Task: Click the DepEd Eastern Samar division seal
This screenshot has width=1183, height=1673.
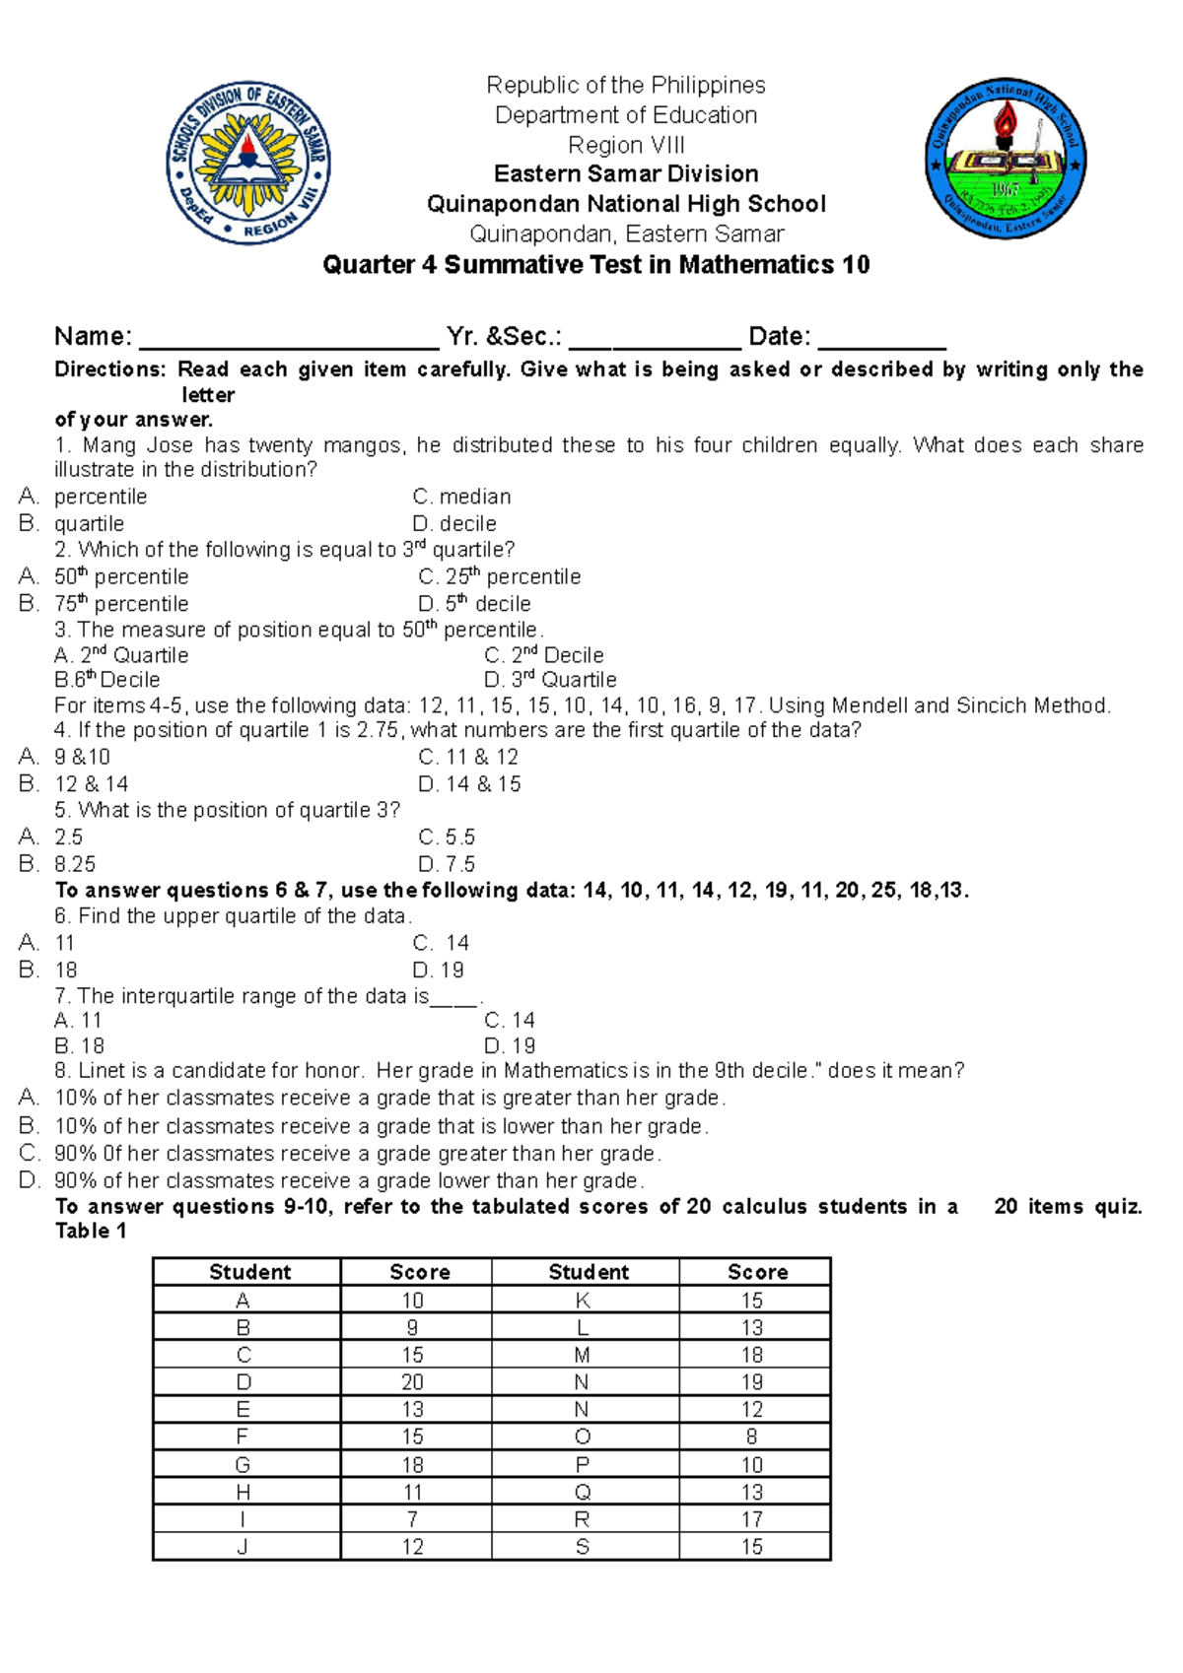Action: [248, 163]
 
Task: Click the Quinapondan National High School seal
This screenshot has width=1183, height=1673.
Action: [1005, 160]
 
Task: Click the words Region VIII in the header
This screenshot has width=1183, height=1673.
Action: [626, 145]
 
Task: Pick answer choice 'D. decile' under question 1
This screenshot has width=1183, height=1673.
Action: [454, 523]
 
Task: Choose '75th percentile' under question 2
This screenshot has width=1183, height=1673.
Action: [121, 603]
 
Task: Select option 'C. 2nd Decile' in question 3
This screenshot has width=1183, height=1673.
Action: [543, 655]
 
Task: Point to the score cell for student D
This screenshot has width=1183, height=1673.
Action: [413, 1382]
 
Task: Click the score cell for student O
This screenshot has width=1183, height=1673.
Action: [752, 1437]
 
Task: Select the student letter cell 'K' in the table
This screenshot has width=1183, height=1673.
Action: [583, 1301]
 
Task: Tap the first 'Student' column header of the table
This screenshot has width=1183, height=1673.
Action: [249, 1272]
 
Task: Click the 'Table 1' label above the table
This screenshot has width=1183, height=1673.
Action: [91, 1231]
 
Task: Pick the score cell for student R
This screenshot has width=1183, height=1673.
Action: [752, 1519]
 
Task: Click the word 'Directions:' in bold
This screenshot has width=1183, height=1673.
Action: [110, 369]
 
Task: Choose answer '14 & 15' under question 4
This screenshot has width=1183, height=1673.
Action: [470, 784]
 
